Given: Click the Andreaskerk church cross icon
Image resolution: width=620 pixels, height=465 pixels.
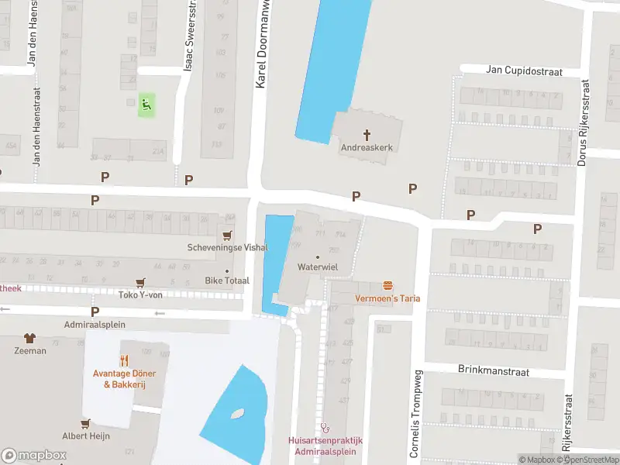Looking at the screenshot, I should pos(368,133).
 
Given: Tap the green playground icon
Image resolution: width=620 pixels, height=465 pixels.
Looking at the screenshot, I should pos(146,105).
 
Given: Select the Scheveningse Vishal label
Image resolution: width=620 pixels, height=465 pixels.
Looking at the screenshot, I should pos(228,248).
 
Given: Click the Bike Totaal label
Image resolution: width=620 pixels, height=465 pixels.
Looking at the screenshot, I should pos(227,280).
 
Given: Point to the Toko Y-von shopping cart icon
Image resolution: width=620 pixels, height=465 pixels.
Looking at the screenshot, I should pos(140,283).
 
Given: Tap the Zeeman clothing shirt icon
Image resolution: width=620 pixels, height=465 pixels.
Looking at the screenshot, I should pos(29,338).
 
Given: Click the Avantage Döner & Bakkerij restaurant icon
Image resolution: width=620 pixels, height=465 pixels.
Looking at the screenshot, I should pos(124,360).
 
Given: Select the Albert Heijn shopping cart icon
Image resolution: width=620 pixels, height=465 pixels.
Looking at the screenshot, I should pos(86,423).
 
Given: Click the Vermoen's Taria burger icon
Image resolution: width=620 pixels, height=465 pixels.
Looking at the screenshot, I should pos(387,286).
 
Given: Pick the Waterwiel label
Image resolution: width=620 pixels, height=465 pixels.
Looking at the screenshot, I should pos(317,266).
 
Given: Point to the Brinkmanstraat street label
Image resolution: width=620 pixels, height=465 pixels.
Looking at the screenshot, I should pos(492,372).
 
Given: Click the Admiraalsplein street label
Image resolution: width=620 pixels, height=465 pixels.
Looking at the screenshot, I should pos(94,325).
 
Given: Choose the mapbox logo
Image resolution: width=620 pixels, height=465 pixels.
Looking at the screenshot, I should pos(34,456).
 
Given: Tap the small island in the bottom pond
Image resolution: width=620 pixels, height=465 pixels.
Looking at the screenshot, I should pos(238,415).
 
